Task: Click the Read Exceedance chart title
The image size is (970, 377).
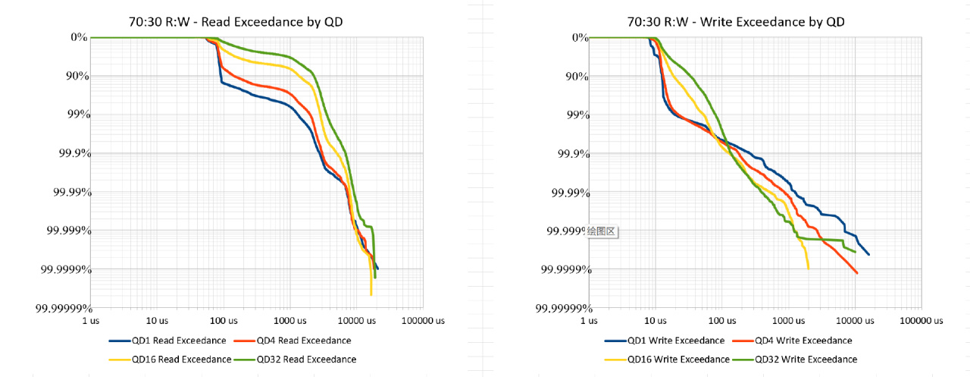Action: [236, 22]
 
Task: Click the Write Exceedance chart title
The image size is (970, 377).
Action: [736, 22]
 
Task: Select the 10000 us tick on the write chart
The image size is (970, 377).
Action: [854, 321]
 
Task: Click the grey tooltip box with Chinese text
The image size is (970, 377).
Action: [603, 231]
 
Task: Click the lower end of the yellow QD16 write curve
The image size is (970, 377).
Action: [809, 268]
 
